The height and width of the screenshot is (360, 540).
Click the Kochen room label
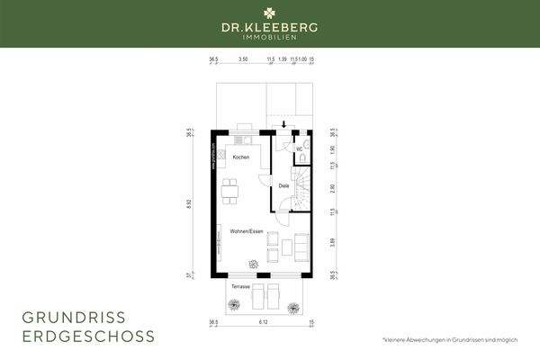tap(240, 157)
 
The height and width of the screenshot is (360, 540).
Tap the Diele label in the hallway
tap(283, 185)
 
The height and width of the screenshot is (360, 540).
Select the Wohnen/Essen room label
tap(246, 231)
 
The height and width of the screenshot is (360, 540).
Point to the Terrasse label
tap(239, 286)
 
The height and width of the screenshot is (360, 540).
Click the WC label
tap(299, 149)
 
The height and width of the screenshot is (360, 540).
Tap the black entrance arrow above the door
tap(284, 125)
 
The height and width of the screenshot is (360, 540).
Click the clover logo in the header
tap(270, 13)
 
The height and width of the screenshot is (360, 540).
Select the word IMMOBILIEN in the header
tap(270, 39)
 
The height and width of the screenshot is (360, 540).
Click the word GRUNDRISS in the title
tap(74, 317)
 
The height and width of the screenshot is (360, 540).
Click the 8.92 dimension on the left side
tap(189, 203)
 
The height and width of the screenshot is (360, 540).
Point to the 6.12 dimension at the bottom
tap(262, 321)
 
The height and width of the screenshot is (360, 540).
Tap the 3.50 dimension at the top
tap(243, 59)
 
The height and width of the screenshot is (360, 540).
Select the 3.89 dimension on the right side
tap(332, 241)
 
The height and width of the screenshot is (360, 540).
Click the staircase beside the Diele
tap(302, 193)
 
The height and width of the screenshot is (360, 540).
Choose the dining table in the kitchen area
tap(231, 189)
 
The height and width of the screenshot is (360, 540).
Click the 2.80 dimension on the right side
tap(332, 187)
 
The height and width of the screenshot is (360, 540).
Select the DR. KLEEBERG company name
tap(270, 28)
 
